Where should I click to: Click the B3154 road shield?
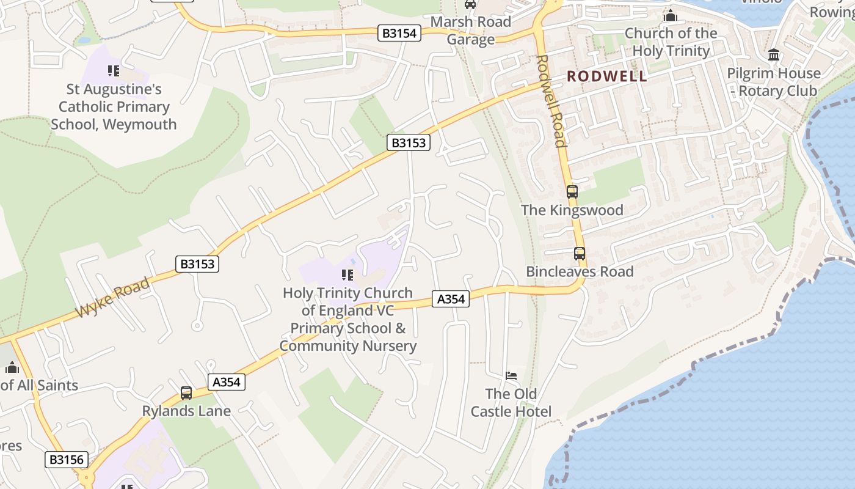[399, 33]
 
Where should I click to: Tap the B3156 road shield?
[66, 460]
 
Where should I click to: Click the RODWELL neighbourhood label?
[606, 76]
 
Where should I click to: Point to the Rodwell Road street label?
[550, 101]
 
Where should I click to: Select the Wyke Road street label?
[112, 298]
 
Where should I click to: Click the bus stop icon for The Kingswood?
[572, 191]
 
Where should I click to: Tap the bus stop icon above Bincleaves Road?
[579, 253]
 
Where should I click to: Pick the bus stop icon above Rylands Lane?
[186, 393]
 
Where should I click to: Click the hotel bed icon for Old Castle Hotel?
[511, 375]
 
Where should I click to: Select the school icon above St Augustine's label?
[114, 71]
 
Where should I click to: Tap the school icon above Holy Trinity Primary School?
[347, 275]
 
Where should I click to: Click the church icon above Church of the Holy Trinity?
[671, 15]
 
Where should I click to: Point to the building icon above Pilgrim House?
[774, 55]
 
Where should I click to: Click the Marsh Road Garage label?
[470, 31]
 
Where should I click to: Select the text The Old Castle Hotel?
[511, 402]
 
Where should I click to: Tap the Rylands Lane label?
[186, 411]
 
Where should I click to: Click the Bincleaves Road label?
[580, 271]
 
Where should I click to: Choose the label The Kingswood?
[572, 210]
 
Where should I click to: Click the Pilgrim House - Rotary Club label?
[773, 82]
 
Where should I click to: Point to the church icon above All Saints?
[12, 367]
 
